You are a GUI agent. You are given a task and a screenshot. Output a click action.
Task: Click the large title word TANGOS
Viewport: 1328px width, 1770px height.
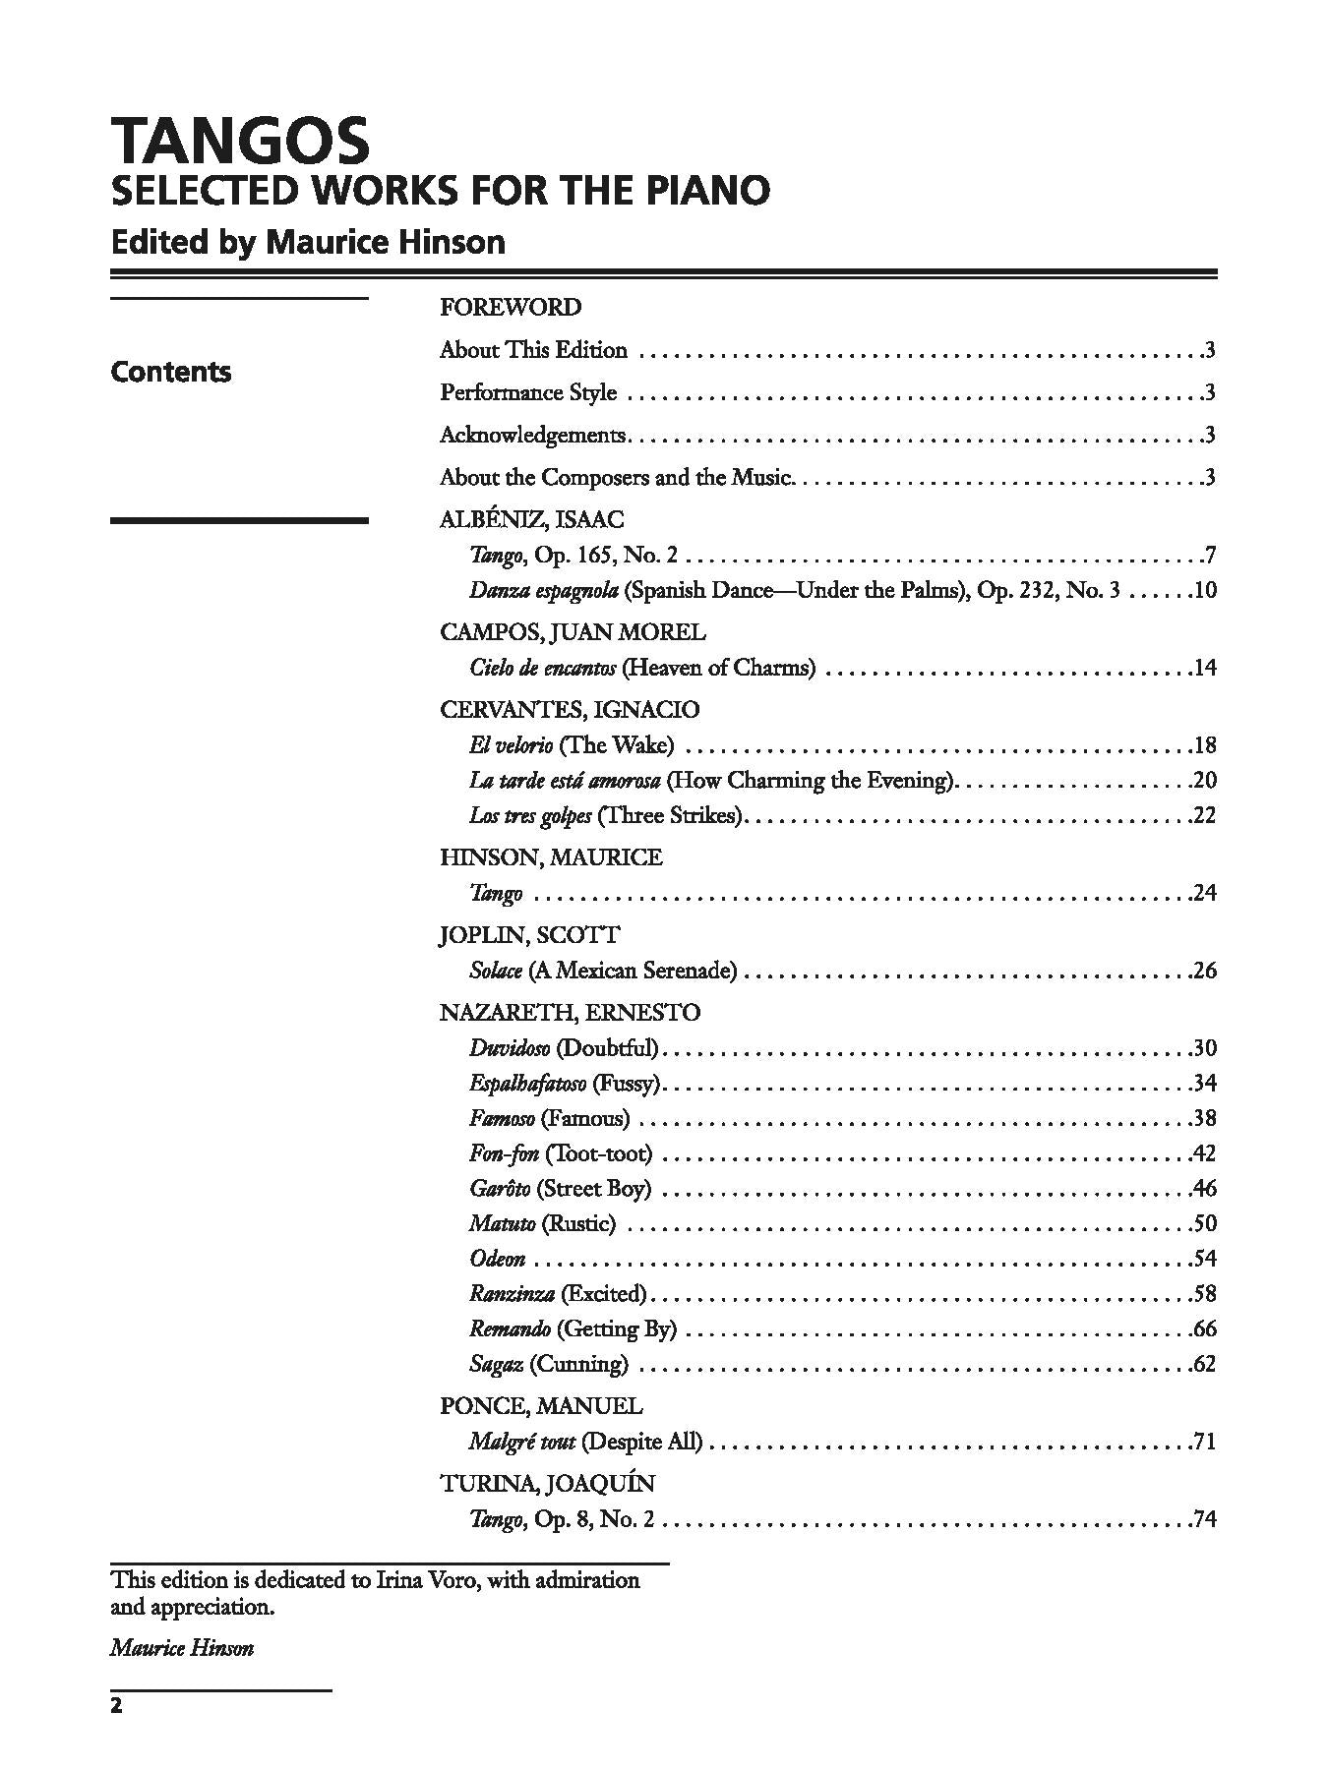pyautogui.click(x=240, y=141)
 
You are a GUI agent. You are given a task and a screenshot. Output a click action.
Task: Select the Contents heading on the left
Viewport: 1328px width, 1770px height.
pyautogui.click(x=171, y=372)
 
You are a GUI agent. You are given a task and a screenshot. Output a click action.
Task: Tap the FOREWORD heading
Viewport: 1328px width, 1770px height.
pyautogui.click(x=511, y=307)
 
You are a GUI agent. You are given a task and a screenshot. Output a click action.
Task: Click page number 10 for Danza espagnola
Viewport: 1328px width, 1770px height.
pyautogui.click(x=1205, y=590)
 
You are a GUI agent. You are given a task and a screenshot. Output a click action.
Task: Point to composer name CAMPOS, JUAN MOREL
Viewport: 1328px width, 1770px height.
pyautogui.click(x=573, y=632)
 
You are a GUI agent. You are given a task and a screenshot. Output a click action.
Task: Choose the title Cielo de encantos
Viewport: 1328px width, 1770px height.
pyautogui.click(x=543, y=668)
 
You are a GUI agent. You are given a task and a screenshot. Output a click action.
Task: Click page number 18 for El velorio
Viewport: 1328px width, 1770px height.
pyautogui.click(x=1205, y=745)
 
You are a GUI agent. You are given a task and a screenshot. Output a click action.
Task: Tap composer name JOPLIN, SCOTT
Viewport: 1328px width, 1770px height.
pyautogui.click(x=530, y=935)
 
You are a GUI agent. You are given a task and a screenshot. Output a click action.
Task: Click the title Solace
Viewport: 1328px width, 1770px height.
pyautogui.click(x=496, y=971)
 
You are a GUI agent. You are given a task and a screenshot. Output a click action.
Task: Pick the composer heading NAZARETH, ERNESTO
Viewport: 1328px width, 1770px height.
pyautogui.click(x=570, y=1013)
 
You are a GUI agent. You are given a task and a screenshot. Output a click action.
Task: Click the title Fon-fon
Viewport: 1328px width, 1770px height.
pyautogui.click(x=504, y=1153)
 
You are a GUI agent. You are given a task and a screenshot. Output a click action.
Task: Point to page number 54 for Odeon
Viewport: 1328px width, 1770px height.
pyautogui.click(x=1205, y=1259)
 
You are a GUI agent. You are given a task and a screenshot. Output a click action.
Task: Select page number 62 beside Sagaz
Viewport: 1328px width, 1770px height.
pyautogui.click(x=1205, y=1364)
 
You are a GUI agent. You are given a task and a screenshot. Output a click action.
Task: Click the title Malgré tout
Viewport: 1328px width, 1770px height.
pyautogui.click(x=522, y=1442)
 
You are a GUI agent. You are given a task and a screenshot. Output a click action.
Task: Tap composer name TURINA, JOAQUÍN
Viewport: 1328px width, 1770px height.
pyautogui.click(x=547, y=1484)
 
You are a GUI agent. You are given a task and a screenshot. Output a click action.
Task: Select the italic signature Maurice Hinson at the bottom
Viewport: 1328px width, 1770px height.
pyautogui.click(x=182, y=1648)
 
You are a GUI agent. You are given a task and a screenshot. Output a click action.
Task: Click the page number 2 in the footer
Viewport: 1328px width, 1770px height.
pyautogui.click(x=116, y=1706)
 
